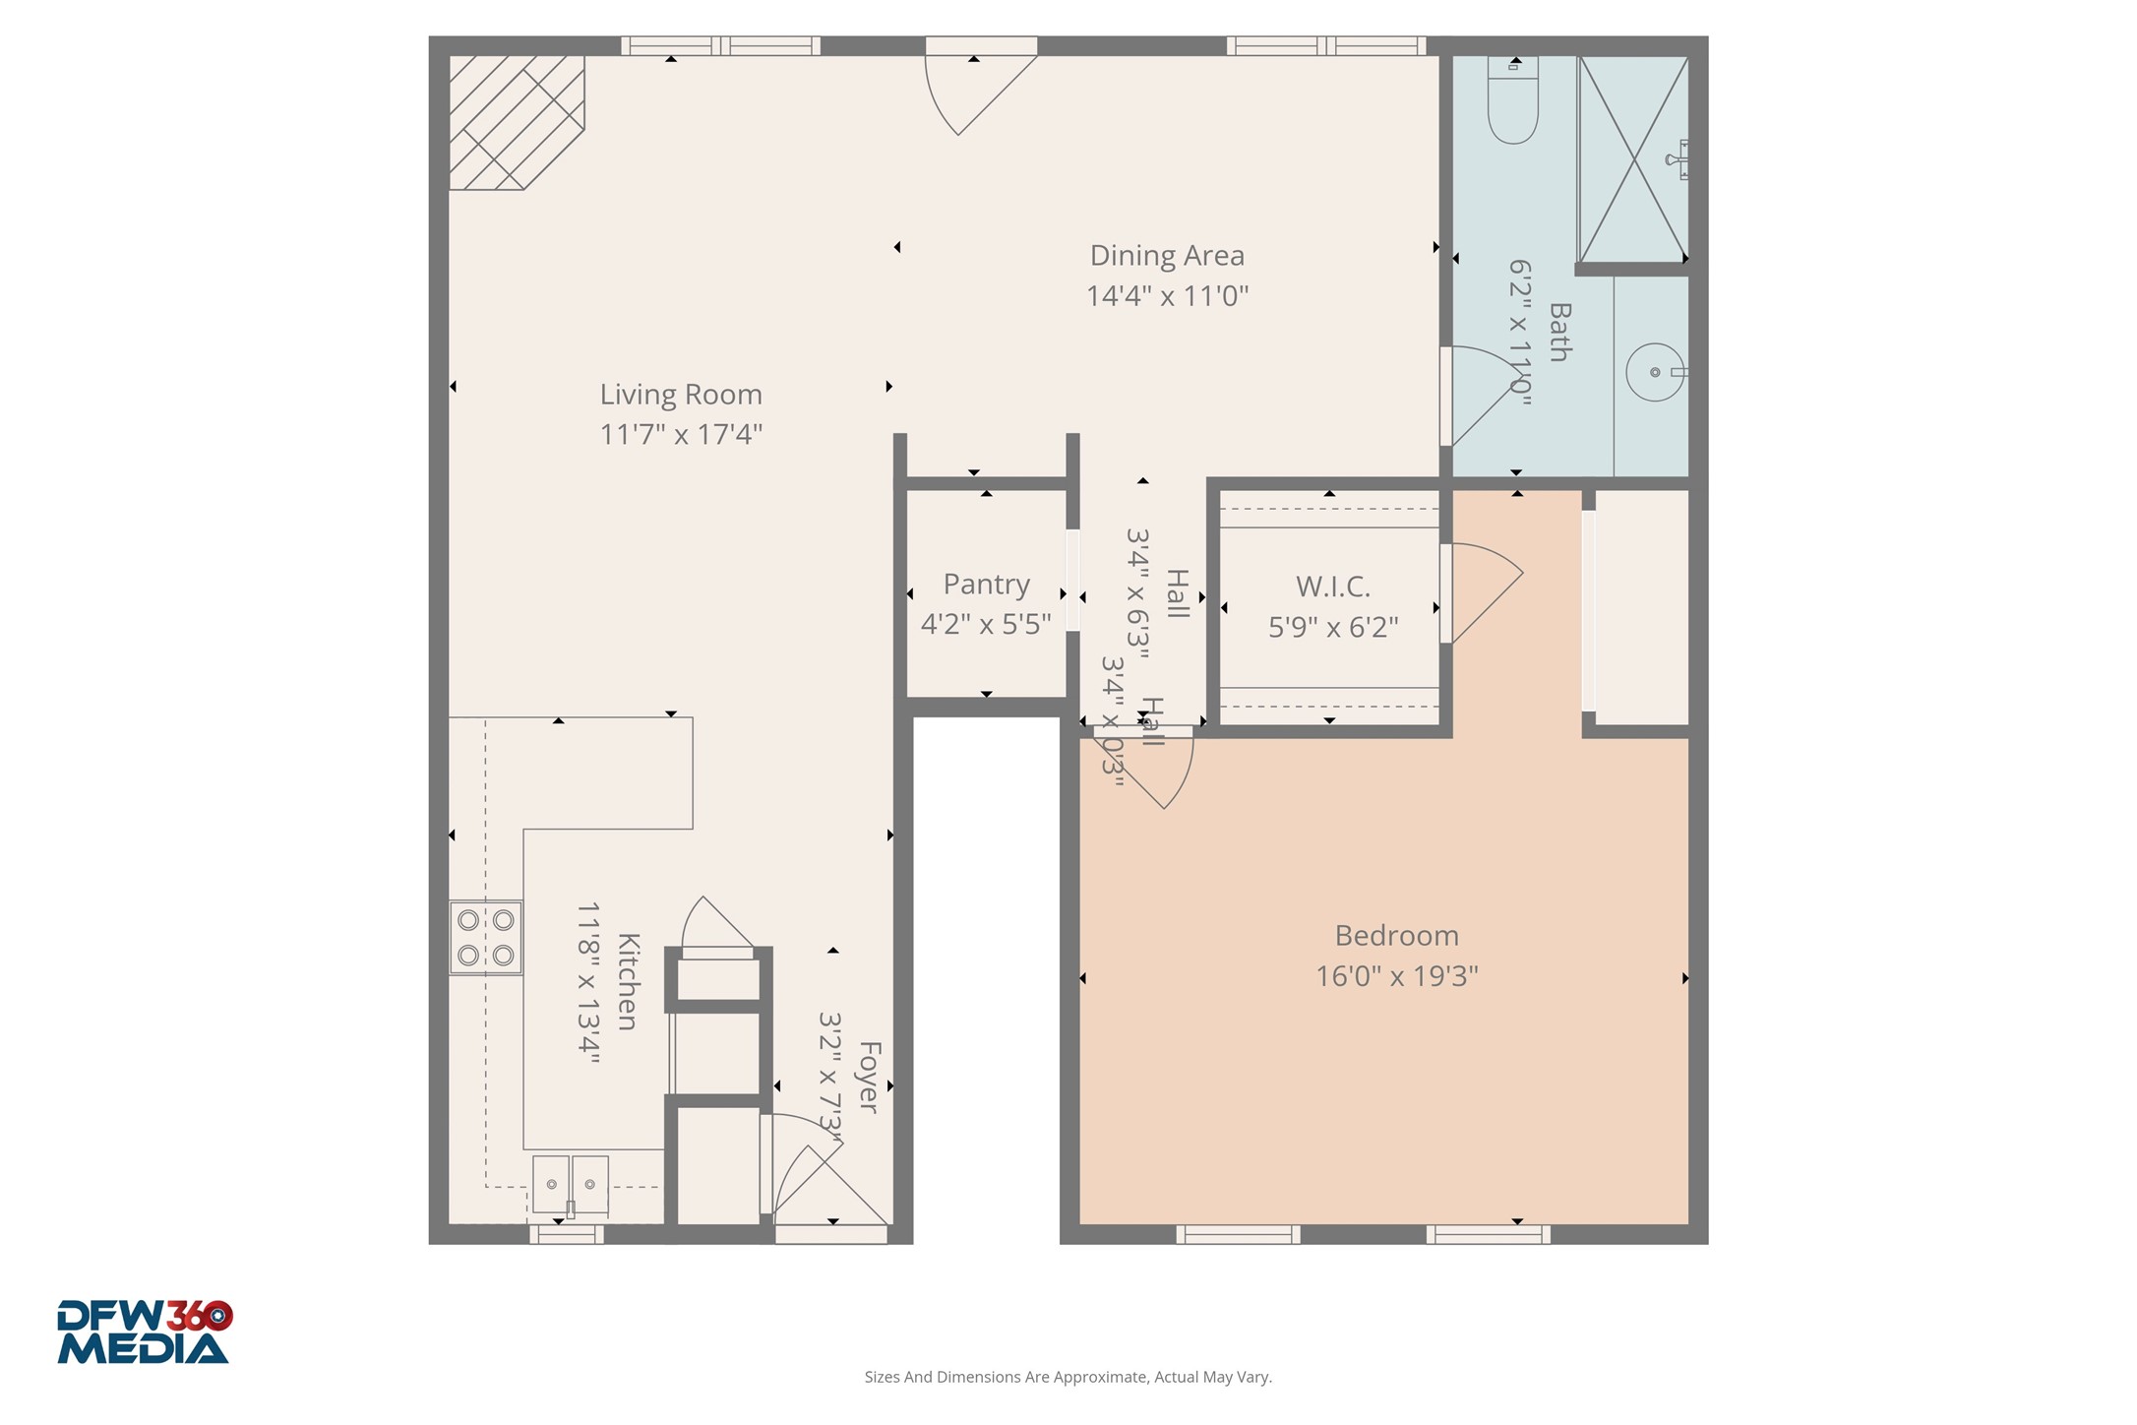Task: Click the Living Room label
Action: click(681, 395)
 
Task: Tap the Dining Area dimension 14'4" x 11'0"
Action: click(1167, 296)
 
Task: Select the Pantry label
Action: click(986, 585)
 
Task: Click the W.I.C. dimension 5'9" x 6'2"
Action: click(1333, 627)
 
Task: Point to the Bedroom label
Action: click(1396, 935)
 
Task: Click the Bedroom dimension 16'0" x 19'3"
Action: click(1396, 976)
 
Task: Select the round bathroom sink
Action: click(1655, 372)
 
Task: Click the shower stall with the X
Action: click(1632, 159)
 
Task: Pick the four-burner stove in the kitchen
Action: click(485, 937)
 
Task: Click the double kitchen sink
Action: click(570, 1184)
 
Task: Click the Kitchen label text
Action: click(628, 981)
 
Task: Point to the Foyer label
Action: click(868, 1077)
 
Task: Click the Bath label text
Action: click(1559, 333)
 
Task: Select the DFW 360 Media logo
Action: click(144, 1332)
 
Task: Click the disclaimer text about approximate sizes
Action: click(1068, 1377)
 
